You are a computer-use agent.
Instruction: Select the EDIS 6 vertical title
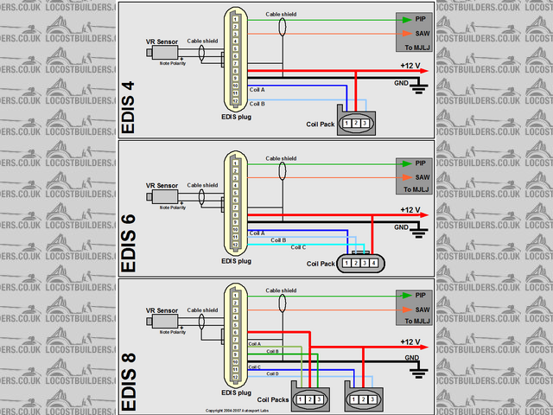tap(129, 245)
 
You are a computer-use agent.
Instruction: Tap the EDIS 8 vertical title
tap(129, 380)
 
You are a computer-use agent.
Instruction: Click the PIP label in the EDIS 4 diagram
tap(421, 19)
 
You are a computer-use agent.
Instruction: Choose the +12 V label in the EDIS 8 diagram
tap(410, 342)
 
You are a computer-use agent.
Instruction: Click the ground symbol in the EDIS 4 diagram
tap(419, 86)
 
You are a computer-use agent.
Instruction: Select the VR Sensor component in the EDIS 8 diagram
tap(161, 320)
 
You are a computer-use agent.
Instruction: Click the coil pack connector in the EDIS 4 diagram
tap(355, 124)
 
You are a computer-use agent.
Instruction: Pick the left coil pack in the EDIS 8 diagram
tap(309, 399)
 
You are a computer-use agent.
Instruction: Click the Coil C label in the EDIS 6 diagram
tap(298, 247)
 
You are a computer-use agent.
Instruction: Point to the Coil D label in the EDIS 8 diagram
tap(272, 373)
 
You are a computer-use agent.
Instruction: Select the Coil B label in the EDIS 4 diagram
tap(257, 103)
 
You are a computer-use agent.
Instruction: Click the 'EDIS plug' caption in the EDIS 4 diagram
tap(236, 116)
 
